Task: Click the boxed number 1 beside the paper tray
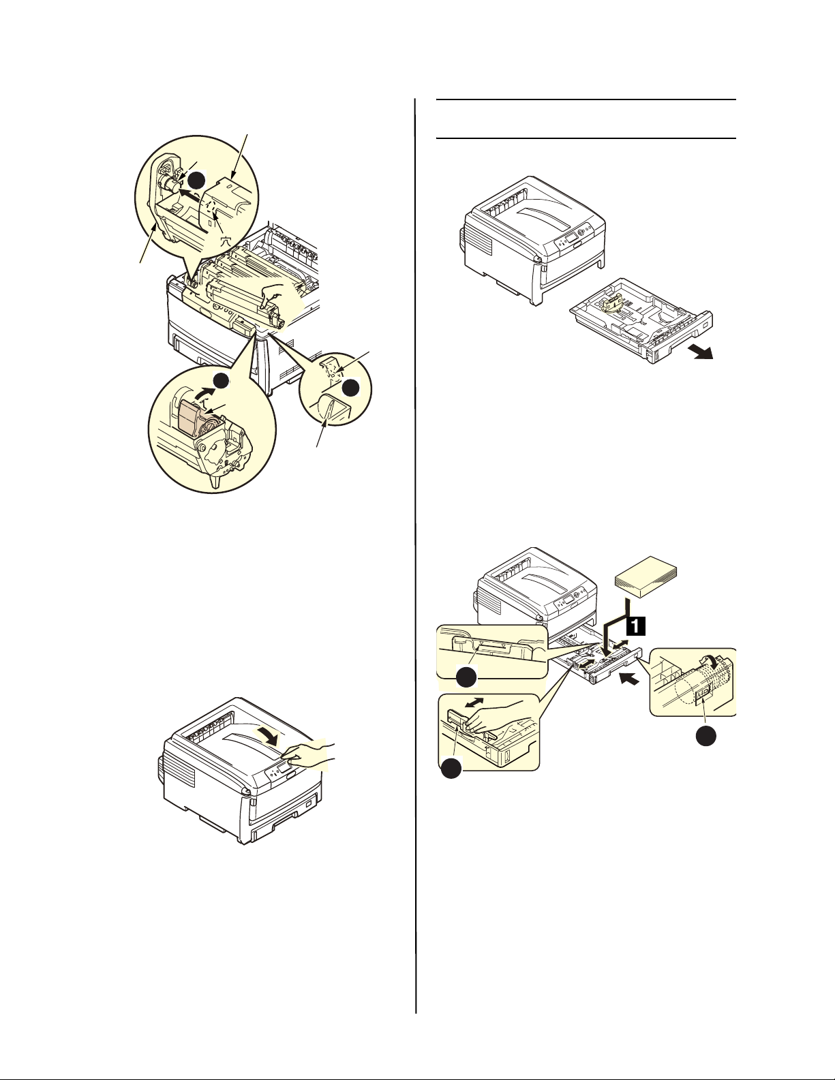635,626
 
